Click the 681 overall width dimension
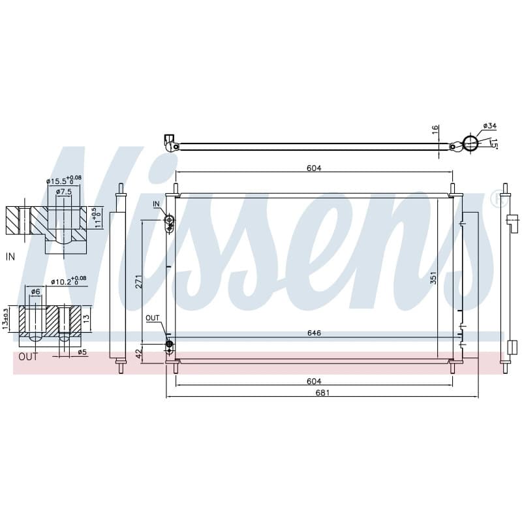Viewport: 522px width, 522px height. click(322, 393)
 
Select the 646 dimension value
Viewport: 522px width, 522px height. click(314, 333)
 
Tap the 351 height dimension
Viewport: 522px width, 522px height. click(433, 278)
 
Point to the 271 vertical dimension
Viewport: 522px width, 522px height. click(139, 281)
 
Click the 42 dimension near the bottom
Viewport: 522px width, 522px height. click(139, 353)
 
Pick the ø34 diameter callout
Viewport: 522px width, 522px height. click(490, 126)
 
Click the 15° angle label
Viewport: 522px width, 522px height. click(495, 144)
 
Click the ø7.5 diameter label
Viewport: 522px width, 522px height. click(63, 192)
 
